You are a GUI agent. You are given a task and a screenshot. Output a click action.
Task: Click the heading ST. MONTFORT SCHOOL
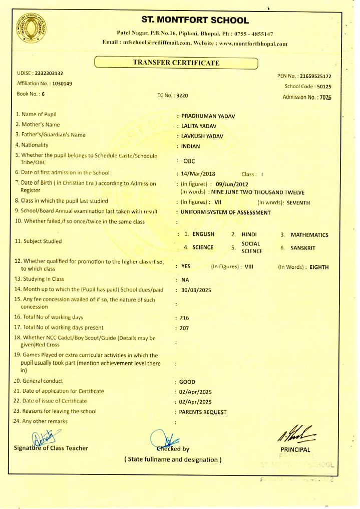click(x=195, y=21)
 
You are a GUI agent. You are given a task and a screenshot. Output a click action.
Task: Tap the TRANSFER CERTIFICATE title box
click(x=176, y=63)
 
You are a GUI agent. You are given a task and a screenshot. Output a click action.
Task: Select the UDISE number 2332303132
click(x=49, y=74)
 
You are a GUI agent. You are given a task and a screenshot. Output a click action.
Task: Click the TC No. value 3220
click(x=182, y=95)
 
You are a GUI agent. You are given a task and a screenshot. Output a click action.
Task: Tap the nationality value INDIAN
click(x=190, y=147)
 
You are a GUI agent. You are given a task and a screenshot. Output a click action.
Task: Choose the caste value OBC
click(x=189, y=161)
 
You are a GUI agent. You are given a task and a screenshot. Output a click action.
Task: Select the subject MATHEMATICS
click(x=309, y=234)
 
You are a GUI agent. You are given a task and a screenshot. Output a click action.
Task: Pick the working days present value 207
click(x=185, y=329)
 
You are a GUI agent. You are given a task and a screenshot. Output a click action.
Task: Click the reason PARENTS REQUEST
click(x=203, y=412)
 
